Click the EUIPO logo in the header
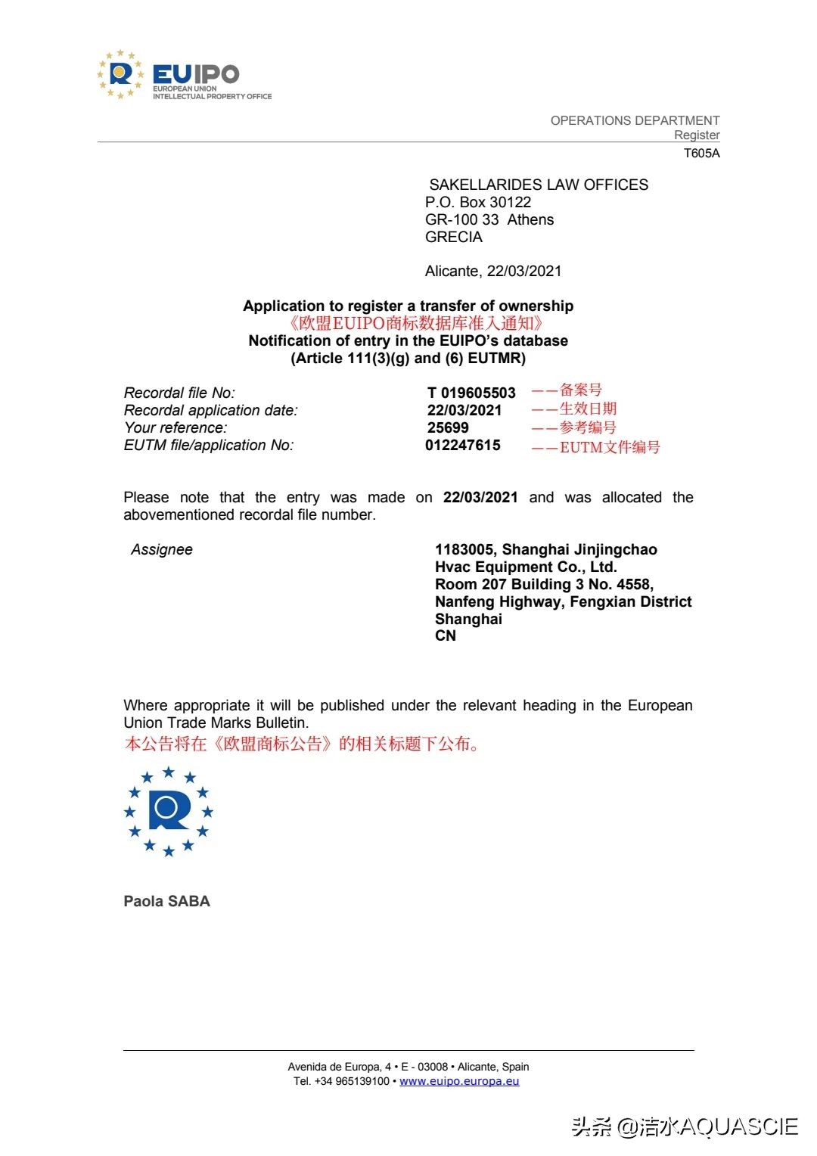[x=184, y=76]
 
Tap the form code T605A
[x=701, y=154]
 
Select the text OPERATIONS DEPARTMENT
[x=635, y=120]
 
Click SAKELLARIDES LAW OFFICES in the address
[x=538, y=185]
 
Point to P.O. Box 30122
[x=477, y=202]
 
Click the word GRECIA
[x=453, y=237]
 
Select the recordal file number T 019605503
[x=471, y=393]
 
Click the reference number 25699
[x=448, y=427]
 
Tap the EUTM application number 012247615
[x=462, y=445]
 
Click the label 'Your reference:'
[x=176, y=427]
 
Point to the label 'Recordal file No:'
[x=179, y=393]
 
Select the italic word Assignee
[x=162, y=549]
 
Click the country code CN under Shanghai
[x=445, y=635]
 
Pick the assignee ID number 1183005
[x=464, y=549]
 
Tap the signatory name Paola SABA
[x=166, y=901]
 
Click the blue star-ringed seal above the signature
[x=169, y=811]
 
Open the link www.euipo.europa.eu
[x=459, y=1081]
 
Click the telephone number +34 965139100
[x=352, y=1081]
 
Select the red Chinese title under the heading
[x=415, y=323]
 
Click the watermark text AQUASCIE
[x=738, y=1126]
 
